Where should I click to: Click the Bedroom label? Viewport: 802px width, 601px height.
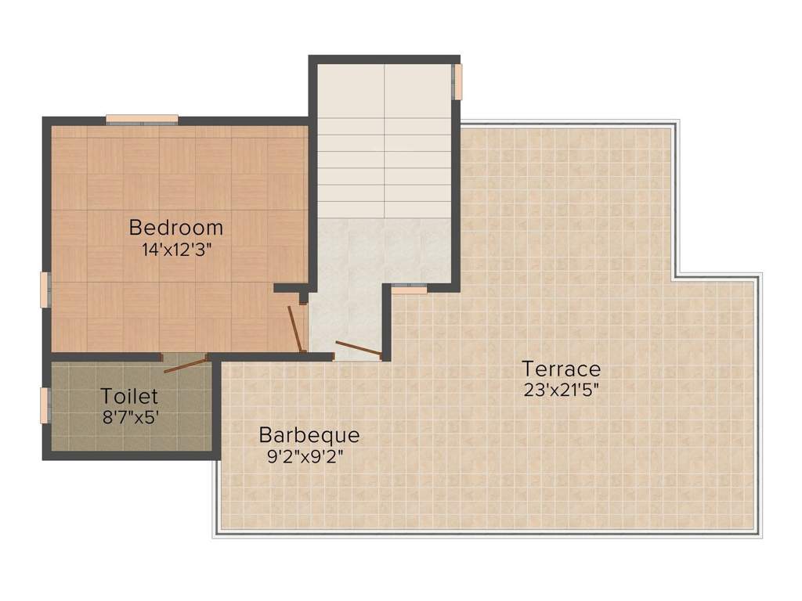[176, 228]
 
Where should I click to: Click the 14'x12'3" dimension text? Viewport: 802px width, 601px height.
[176, 250]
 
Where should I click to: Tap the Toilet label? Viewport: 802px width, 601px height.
[129, 397]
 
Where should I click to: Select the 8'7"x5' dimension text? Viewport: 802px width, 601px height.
[131, 418]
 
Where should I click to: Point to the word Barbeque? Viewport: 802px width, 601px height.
[309, 434]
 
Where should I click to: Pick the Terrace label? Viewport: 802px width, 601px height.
[562, 368]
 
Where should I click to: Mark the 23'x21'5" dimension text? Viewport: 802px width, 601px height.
[562, 390]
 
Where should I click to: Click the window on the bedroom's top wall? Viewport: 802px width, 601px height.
[142, 120]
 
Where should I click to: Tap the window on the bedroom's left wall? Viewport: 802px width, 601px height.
[45, 290]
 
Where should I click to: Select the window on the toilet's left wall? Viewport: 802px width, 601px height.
[45, 405]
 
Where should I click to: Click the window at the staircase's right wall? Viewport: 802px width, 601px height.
[457, 81]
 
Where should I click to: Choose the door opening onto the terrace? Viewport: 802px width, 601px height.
[359, 349]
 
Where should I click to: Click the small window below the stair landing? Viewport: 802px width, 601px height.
[410, 290]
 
